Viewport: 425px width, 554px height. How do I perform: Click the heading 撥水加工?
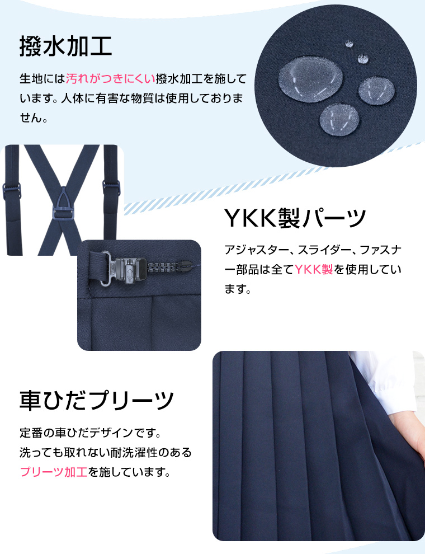(x=65, y=46)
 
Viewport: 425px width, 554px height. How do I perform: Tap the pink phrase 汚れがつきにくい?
(x=111, y=78)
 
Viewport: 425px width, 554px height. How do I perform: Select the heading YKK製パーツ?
(x=295, y=218)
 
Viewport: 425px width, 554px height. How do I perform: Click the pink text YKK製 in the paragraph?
(x=314, y=270)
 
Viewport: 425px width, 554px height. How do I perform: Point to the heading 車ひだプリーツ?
(x=96, y=400)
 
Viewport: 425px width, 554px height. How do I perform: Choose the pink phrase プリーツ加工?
(x=54, y=472)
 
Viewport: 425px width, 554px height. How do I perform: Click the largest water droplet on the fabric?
(x=310, y=79)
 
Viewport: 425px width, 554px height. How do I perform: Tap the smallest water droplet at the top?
(x=349, y=43)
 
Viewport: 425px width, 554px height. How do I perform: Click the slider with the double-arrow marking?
(x=130, y=271)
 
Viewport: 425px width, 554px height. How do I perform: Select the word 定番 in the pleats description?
(x=31, y=433)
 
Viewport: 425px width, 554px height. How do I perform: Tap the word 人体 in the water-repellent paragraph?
(x=72, y=98)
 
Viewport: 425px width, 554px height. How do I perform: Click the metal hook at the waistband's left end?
(x=108, y=267)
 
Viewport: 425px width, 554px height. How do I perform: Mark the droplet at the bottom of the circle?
(x=339, y=119)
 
